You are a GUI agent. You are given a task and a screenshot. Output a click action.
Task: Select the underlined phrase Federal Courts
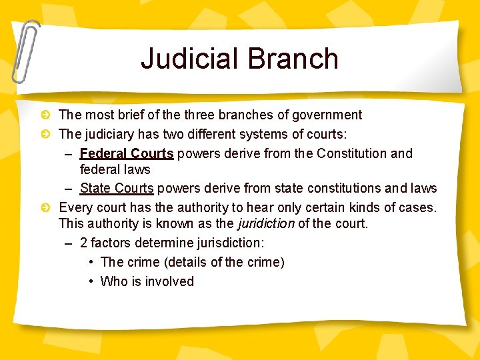click(127, 153)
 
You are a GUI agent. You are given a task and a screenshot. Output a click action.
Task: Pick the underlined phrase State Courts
click(117, 188)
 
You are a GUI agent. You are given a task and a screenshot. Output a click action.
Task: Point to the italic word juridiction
click(266, 223)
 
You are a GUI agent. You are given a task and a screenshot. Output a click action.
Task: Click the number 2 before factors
click(83, 243)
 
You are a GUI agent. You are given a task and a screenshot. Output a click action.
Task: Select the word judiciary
click(111, 134)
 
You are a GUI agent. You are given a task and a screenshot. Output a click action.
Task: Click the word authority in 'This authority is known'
click(114, 223)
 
